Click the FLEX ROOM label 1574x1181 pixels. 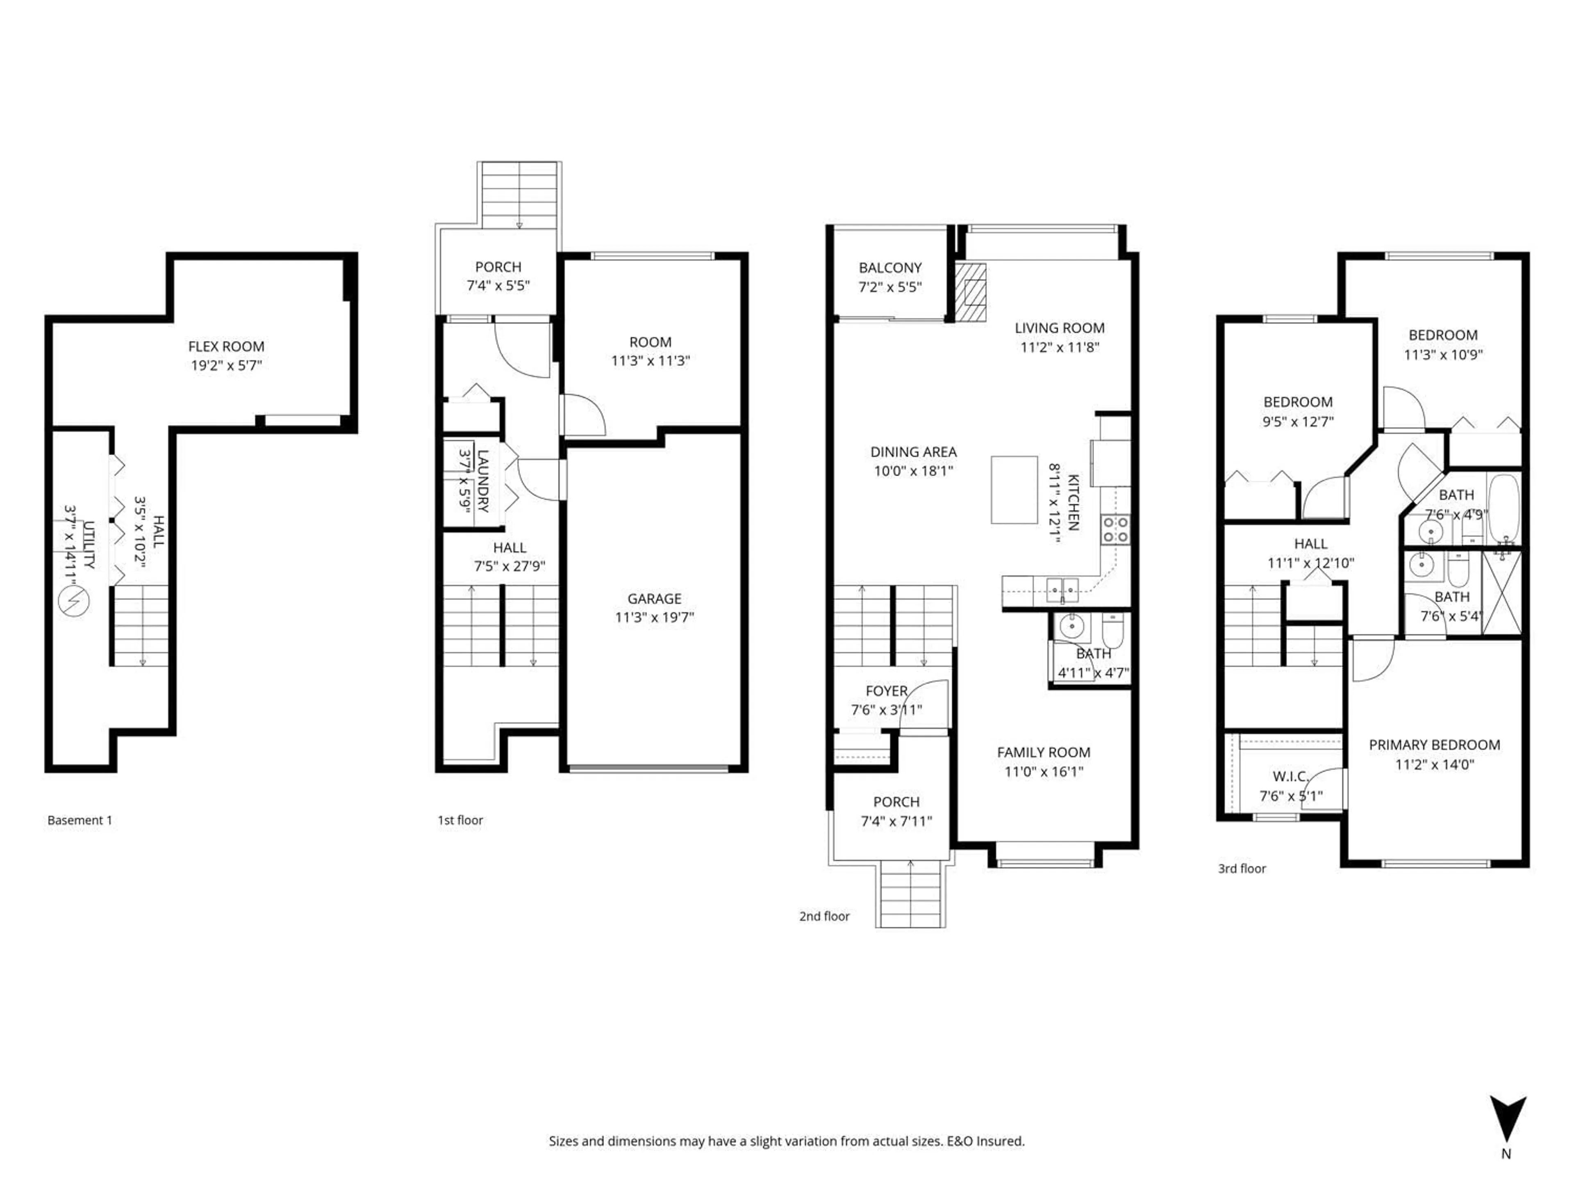tap(226, 347)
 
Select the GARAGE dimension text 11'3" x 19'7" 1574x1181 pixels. tap(654, 617)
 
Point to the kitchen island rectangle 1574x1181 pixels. tap(1014, 490)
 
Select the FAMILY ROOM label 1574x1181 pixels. tap(1043, 752)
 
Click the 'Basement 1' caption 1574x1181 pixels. tap(80, 820)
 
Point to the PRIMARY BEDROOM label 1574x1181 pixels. tap(1434, 745)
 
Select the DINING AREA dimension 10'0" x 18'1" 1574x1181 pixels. tap(913, 470)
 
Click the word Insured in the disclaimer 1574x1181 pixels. tap(1001, 1141)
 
